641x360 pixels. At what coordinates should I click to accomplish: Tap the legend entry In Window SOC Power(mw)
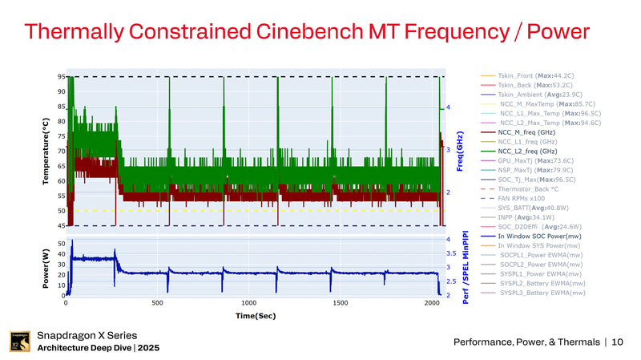tap(538, 236)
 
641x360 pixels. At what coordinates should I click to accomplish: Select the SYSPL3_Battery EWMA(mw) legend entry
tap(542, 293)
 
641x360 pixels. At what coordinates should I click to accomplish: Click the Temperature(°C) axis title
tap(46, 151)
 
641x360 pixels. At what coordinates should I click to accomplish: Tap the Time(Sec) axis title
tap(256, 316)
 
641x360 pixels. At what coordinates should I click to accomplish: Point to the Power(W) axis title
tap(46, 268)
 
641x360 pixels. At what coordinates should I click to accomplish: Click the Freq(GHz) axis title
tap(458, 151)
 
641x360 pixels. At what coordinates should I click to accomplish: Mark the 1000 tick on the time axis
tap(249, 303)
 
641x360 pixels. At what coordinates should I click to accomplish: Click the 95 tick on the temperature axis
tap(61, 77)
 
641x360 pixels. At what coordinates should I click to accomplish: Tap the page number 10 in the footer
tap(617, 342)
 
